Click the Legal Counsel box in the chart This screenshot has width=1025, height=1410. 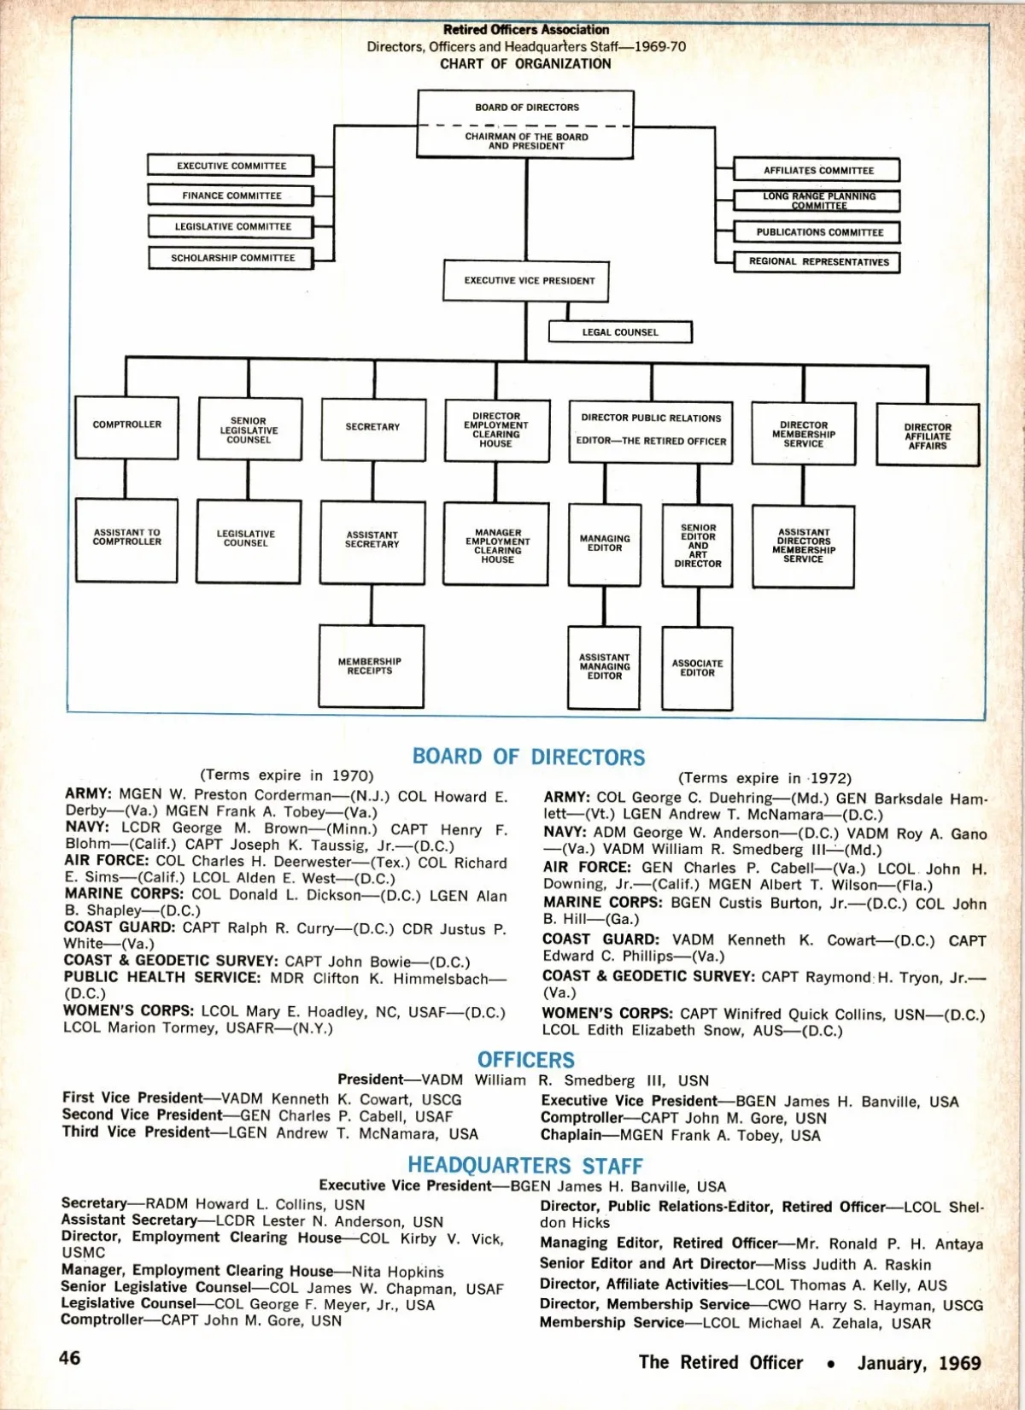coord(620,332)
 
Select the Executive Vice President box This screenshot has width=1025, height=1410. coord(526,281)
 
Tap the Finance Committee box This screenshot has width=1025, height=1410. coord(231,196)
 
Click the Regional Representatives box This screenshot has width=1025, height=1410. coord(817,261)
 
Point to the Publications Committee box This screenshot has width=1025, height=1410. coord(817,232)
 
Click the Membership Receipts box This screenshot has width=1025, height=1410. coord(371,666)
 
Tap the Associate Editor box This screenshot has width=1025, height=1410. coord(697,668)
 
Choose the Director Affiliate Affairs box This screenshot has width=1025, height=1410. coord(928,436)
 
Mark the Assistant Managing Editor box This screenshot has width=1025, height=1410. coord(604,667)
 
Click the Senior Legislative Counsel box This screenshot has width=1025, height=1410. coord(249,430)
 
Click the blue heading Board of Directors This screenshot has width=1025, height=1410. coord(529,757)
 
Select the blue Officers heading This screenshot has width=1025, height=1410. coord(526,1060)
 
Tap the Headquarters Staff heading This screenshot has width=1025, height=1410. coord(525,1165)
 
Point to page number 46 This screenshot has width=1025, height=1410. coord(70,1358)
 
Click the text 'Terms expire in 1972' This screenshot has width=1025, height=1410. coord(764,778)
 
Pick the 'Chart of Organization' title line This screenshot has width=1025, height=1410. coord(525,64)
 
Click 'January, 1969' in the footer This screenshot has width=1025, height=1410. coord(919,1363)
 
